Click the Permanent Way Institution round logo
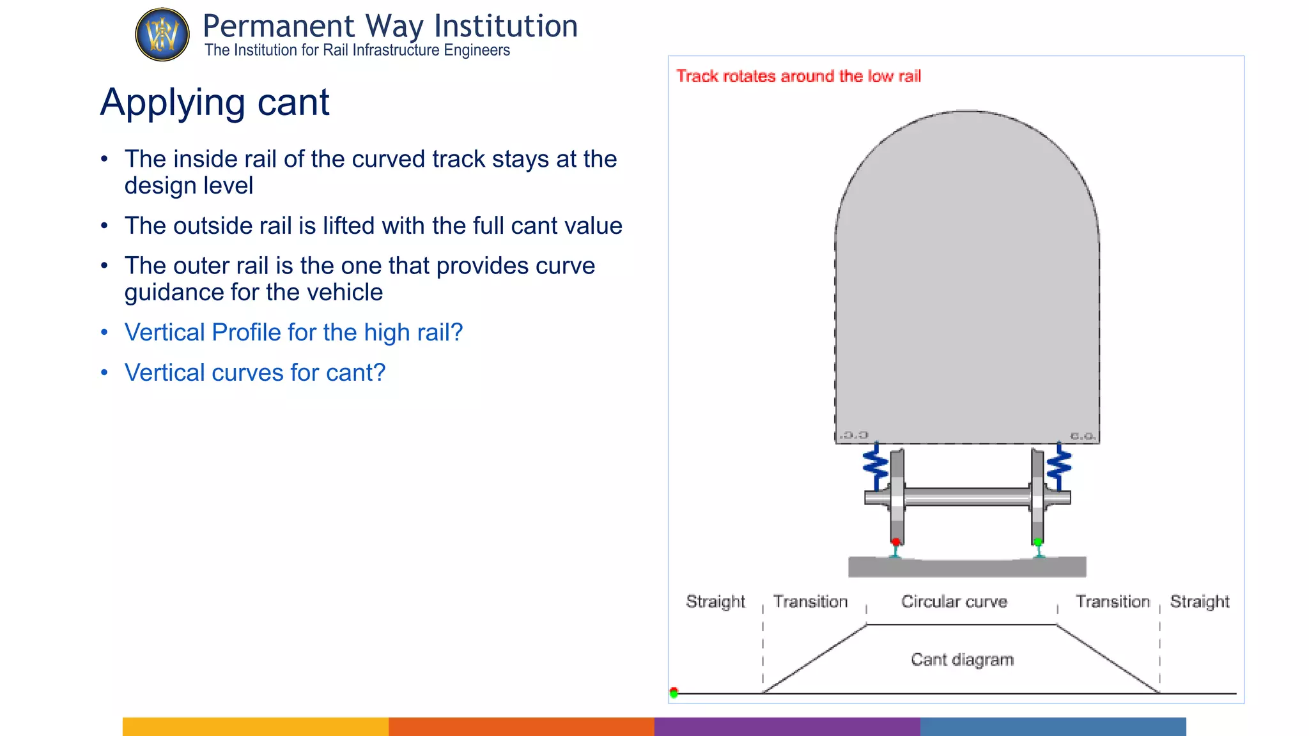162,34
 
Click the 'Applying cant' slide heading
215,102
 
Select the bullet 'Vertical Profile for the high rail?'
293,332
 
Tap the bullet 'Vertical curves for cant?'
255,372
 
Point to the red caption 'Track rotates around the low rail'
798,76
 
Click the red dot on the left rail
895,542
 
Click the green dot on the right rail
1038,542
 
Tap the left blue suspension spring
876,466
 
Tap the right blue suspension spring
1059,466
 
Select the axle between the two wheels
967,496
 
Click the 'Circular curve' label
954,602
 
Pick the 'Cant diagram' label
962,659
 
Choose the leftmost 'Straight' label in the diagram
715,602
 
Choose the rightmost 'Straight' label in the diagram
1200,602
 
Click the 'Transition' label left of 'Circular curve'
810,602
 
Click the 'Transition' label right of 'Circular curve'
1113,602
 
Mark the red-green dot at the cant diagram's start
674,693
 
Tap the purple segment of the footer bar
787,726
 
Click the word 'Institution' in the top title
506,27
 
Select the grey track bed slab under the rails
967,568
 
